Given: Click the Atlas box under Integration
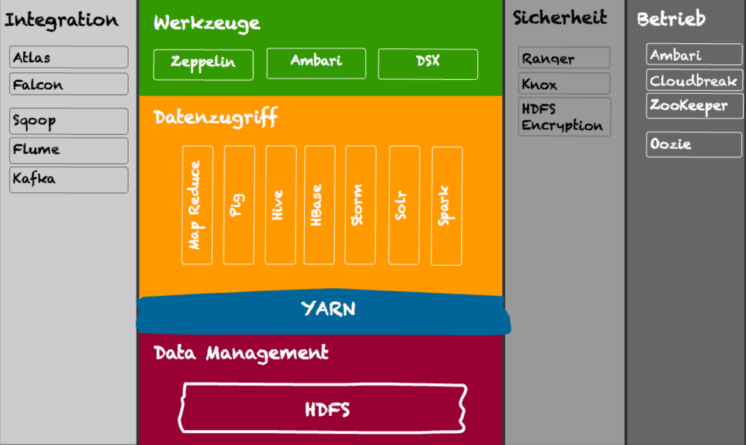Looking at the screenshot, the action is coord(69,57).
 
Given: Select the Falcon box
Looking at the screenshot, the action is coord(69,84).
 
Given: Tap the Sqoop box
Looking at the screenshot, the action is coord(69,121).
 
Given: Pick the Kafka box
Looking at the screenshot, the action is coord(69,180).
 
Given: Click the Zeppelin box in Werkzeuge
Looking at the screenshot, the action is coord(203,65).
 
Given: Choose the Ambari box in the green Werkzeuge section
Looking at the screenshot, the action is coord(316,63).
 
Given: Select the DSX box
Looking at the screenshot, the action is coord(428,64).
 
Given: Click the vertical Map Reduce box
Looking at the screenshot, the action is coord(197,205).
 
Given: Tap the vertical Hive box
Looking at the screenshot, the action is coord(280,205).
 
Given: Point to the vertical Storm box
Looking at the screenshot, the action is coord(360,205).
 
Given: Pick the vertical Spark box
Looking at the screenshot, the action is coord(447,206).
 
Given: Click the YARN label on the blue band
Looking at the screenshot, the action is coord(329,308).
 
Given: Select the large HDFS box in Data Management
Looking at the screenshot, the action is coord(322,408).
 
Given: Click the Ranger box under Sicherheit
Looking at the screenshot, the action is coord(564,58).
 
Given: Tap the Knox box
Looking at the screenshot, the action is coord(564,84).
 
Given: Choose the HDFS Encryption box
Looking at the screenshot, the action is coord(564,117).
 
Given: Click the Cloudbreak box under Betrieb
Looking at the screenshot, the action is coord(694,80).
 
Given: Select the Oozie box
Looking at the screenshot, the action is coord(694,144).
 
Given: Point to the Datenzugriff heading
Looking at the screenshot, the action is coord(216,118).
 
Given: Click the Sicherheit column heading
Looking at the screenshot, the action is coord(560,17).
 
